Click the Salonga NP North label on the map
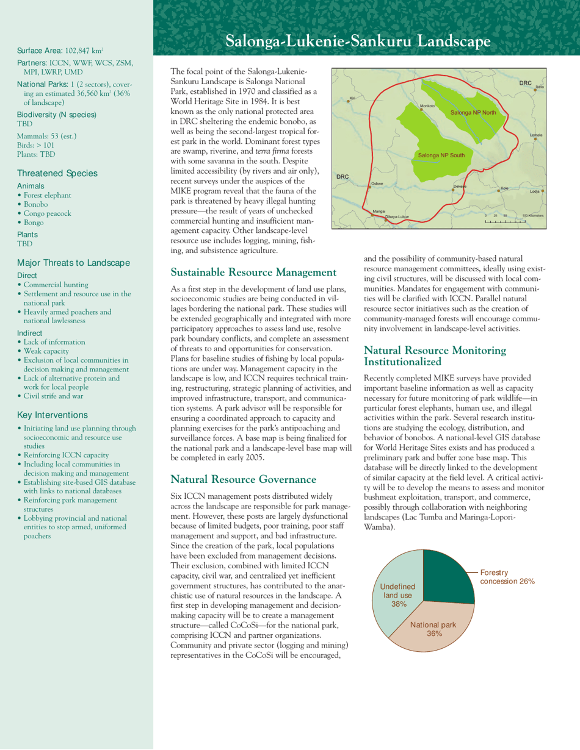click(474, 113)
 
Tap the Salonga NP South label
click(441, 155)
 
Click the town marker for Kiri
click(349, 102)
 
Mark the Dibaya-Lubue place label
click(397, 217)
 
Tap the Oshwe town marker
click(370, 187)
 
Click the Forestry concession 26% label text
click(507, 560)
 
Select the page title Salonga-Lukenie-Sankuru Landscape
click(357, 41)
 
